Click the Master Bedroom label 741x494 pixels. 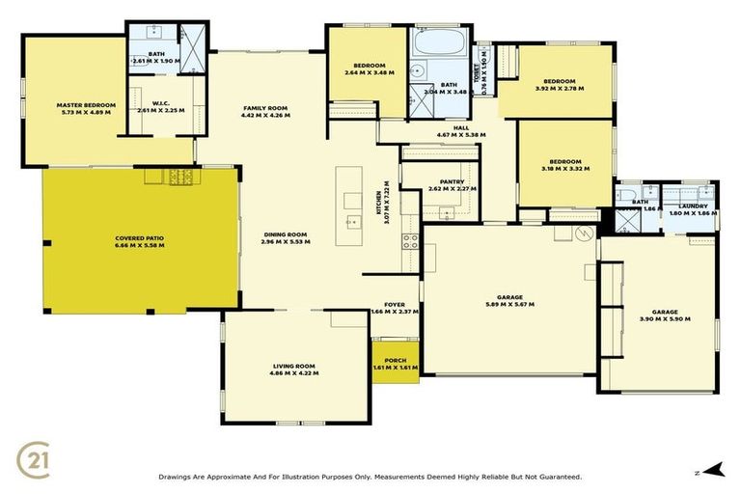coord(86,104)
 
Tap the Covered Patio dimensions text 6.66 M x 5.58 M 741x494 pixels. coord(140,245)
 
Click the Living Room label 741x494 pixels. coord(294,366)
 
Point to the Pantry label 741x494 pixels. coord(452,181)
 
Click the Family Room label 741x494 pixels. coord(265,107)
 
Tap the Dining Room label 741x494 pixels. coord(285,233)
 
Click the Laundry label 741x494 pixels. coord(693,206)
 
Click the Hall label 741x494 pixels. coord(459,127)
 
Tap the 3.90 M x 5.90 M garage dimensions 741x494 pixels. coord(659,320)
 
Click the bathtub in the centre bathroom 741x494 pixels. coord(437,44)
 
